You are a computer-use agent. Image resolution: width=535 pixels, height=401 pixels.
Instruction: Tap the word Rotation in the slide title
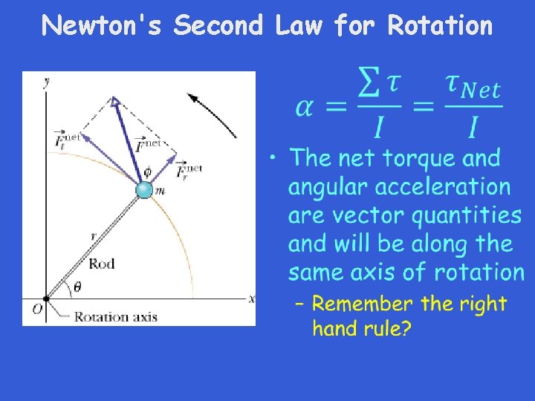pos(440,26)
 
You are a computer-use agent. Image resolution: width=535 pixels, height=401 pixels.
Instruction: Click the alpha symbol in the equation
pos(306,108)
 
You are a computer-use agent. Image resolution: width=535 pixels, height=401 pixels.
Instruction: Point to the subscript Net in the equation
pos(481,91)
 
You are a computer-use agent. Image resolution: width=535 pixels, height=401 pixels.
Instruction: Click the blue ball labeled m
pos(144,190)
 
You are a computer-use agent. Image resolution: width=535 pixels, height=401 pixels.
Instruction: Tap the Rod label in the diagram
pos(102,264)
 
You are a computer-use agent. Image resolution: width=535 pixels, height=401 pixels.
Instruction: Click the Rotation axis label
pos(115,316)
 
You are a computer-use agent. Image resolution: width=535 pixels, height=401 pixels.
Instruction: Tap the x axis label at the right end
pos(251,299)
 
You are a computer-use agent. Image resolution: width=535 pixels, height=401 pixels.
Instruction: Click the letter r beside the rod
pos(94,235)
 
